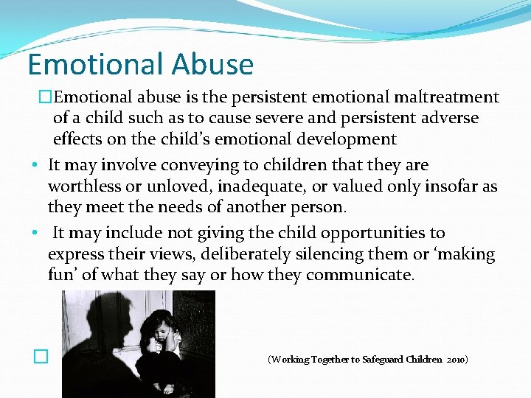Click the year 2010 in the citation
point(456,360)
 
